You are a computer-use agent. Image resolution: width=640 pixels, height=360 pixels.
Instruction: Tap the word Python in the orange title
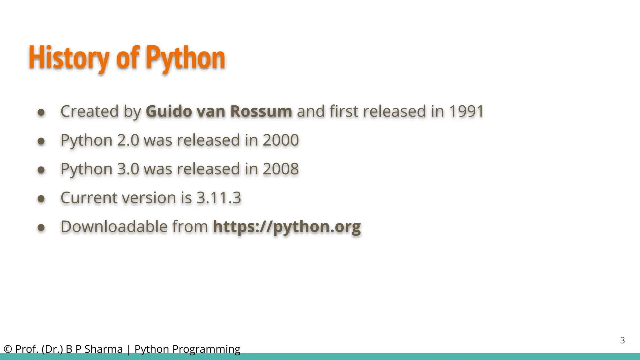point(185,58)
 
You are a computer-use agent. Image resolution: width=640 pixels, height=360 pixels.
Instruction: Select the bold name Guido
point(169,112)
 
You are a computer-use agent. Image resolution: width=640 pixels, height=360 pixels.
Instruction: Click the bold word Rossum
point(261,112)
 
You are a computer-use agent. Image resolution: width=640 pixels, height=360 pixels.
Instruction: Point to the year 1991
point(466,112)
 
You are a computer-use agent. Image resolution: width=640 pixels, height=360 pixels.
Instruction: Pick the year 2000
point(281,140)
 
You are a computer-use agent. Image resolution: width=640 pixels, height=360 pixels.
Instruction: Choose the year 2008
point(281,169)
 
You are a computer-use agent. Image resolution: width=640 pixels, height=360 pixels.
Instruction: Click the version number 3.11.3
point(219,198)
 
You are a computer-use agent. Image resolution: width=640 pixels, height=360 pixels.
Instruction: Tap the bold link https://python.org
point(287,227)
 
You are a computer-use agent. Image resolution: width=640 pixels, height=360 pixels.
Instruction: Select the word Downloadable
point(114,227)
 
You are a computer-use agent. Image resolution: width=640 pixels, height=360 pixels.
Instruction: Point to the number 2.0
point(128,140)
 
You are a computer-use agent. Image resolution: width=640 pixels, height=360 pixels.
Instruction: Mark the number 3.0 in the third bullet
point(128,169)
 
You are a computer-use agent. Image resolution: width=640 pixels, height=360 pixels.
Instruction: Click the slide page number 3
point(622,340)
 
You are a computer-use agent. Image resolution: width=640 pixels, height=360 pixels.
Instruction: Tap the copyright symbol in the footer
point(8,349)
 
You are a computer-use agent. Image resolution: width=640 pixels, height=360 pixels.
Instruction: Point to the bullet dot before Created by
point(41,112)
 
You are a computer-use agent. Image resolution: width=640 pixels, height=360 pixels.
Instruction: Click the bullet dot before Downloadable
point(41,227)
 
